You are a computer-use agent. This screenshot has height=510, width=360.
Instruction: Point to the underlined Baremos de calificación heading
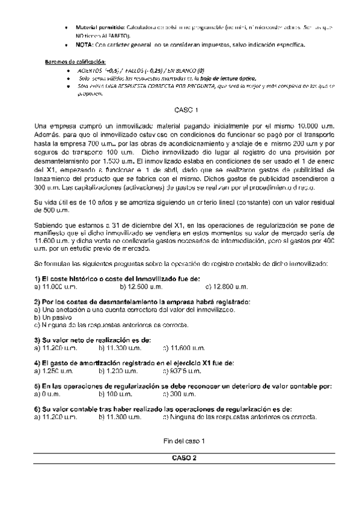click(x=76, y=62)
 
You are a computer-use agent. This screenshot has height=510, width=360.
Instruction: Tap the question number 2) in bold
click(x=37, y=301)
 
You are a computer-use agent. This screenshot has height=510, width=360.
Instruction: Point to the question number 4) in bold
click(x=37, y=363)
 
